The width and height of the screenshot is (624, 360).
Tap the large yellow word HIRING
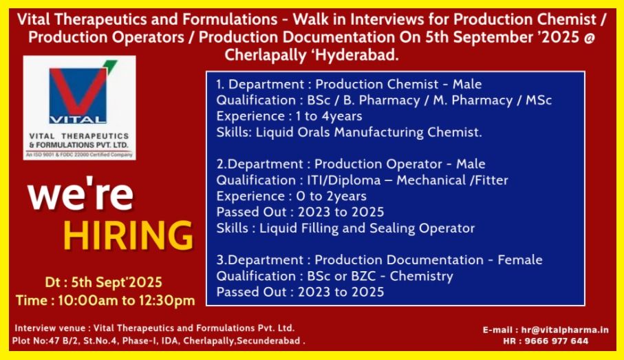(128, 235)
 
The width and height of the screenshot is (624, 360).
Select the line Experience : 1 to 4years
(289, 116)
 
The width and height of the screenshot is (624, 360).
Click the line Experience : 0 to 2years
(291, 196)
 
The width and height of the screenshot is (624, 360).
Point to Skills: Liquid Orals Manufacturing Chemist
(349, 131)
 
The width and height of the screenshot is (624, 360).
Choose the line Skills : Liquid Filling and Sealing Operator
(345, 228)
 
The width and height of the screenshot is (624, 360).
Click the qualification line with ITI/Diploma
(362, 180)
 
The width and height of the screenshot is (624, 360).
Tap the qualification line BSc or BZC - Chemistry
(334, 276)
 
